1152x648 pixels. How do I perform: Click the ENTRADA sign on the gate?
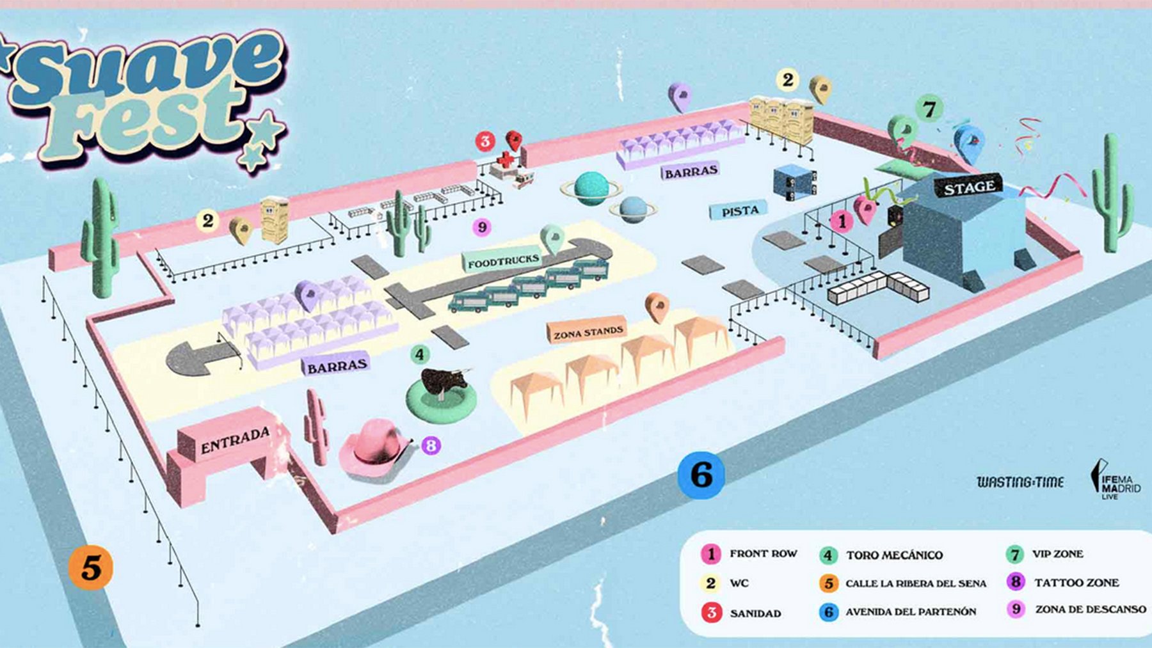click(235, 440)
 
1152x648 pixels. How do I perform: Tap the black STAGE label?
click(969, 187)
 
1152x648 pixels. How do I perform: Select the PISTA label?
click(740, 211)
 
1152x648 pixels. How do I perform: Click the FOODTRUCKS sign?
click(503, 262)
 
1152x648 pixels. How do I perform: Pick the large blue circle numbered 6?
click(701, 475)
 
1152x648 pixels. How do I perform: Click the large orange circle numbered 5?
click(91, 567)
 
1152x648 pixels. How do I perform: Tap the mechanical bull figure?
click(445, 384)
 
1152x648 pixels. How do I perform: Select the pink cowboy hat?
click(374, 446)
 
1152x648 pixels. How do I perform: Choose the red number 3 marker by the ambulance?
click(485, 141)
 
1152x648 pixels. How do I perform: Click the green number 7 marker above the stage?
click(929, 109)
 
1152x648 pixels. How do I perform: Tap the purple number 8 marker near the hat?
click(431, 445)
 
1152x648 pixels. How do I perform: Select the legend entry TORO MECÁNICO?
click(894, 555)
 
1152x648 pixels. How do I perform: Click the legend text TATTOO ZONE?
click(1076, 583)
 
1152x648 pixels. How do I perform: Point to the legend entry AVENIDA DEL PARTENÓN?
click(911, 612)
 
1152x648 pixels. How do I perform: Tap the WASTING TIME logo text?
click(1020, 482)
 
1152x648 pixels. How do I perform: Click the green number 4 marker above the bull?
click(419, 354)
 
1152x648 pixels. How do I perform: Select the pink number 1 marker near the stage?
click(842, 221)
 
